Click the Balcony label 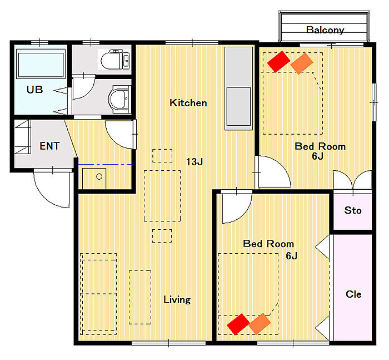[x=325, y=30]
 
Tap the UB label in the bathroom [x=34, y=90]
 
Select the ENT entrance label [x=49, y=146]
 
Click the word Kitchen [x=188, y=103]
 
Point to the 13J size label [x=194, y=162]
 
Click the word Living [x=177, y=300]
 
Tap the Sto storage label [x=353, y=210]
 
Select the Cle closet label [x=353, y=294]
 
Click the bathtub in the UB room [x=41, y=64]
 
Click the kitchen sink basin [x=238, y=106]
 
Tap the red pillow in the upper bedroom [x=278, y=62]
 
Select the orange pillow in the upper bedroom [x=301, y=63]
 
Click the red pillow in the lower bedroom [x=238, y=324]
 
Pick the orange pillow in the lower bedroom [x=260, y=324]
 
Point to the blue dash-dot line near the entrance [x=106, y=165]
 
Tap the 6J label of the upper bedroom [x=317, y=156]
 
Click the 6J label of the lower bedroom [x=291, y=255]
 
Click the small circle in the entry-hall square [x=99, y=176]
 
